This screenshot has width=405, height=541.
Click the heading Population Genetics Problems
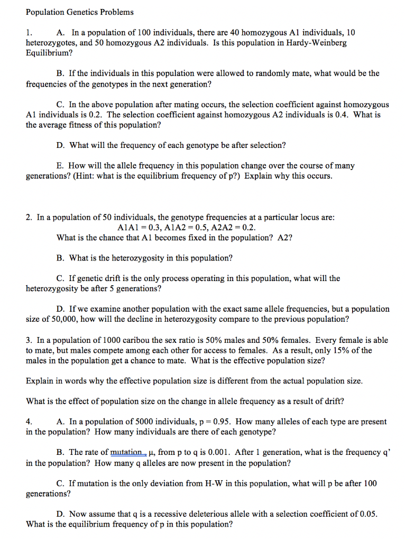(79, 12)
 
